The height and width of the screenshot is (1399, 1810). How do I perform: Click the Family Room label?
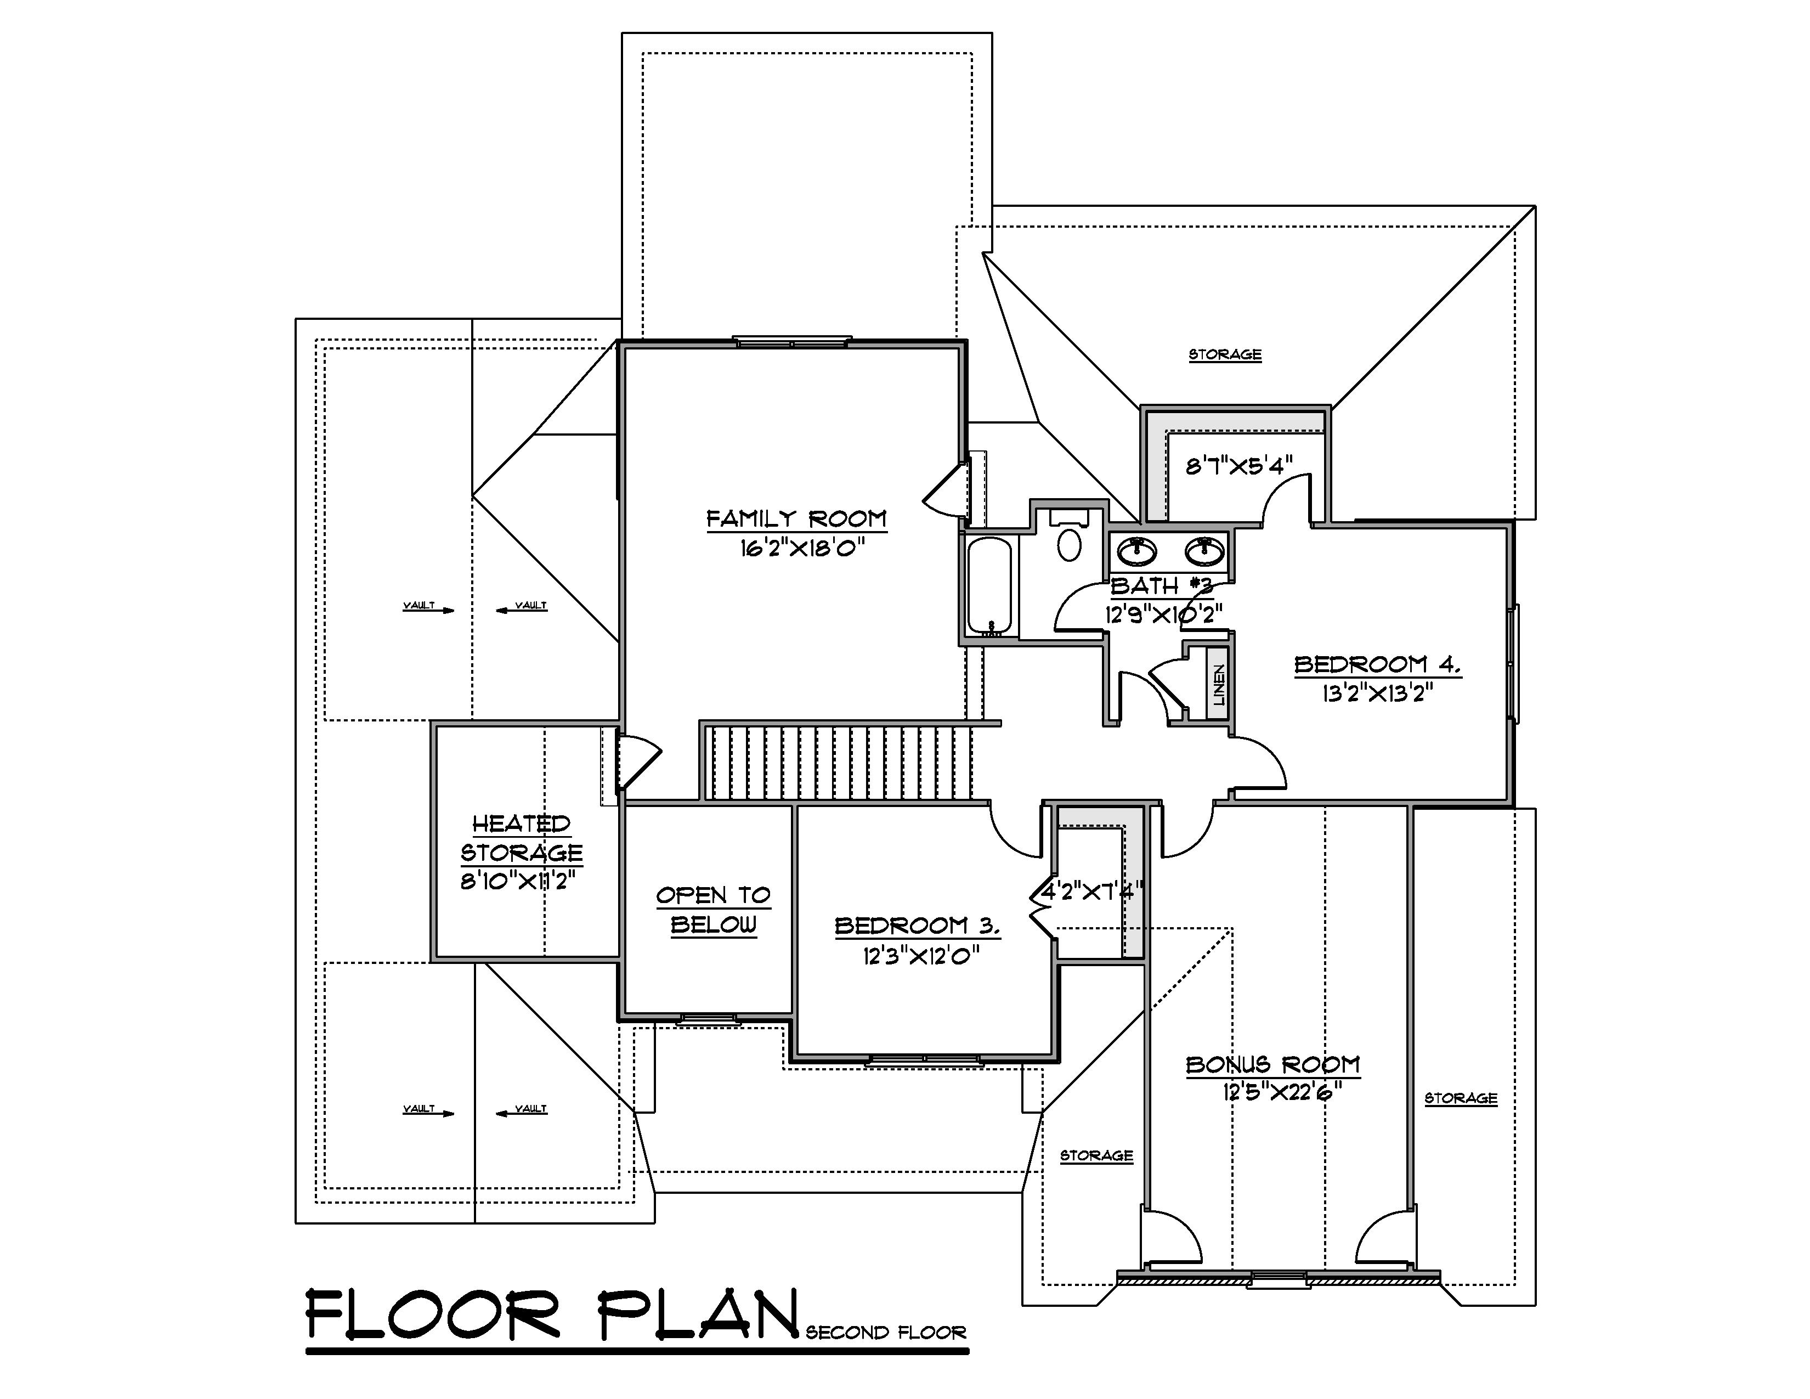[796, 519]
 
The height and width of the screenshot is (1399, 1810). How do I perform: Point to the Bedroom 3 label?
[917, 926]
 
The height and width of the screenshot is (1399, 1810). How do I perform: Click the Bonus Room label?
[1272, 1064]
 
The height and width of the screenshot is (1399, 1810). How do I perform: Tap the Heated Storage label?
[521, 838]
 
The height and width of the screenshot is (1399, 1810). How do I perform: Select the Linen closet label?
[1218, 685]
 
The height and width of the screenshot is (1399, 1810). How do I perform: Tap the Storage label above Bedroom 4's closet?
[1225, 355]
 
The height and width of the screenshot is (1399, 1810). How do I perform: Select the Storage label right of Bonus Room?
[1460, 1098]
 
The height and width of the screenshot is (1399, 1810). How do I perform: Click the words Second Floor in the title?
[885, 1333]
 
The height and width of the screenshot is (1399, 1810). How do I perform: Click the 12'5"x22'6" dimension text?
[1281, 1092]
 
